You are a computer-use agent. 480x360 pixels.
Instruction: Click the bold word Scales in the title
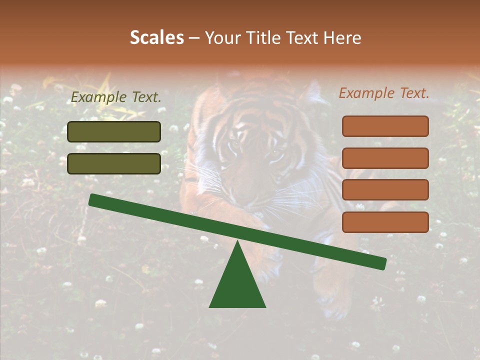pyautogui.click(x=157, y=37)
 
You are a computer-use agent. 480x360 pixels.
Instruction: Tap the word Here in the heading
pyautogui.click(x=342, y=37)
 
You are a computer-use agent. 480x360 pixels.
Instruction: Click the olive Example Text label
pyautogui.click(x=116, y=97)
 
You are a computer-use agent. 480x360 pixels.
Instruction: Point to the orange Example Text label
pyautogui.click(x=384, y=93)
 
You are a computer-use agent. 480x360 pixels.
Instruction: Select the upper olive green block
pyautogui.click(x=114, y=131)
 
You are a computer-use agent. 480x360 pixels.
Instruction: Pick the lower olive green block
pyautogui.click(x=114, y=163)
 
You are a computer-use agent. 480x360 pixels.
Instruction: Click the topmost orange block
pyautogui.click(x=385, y=126)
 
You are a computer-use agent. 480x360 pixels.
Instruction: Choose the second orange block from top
pyautogui.click(x=385, y=158)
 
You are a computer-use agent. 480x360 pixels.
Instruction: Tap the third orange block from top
pyautogui.click(x=385, y=189)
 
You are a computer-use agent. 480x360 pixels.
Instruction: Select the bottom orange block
pyautogui.click(x=385, y=222)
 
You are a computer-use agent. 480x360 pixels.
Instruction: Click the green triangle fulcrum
pyautogui.click(x=237, y=282)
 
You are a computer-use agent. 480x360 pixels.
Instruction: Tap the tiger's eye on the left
pyautogui.click(x=234, y=145)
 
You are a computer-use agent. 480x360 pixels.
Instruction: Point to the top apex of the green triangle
pyautogui.click(x=237, y=242)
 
